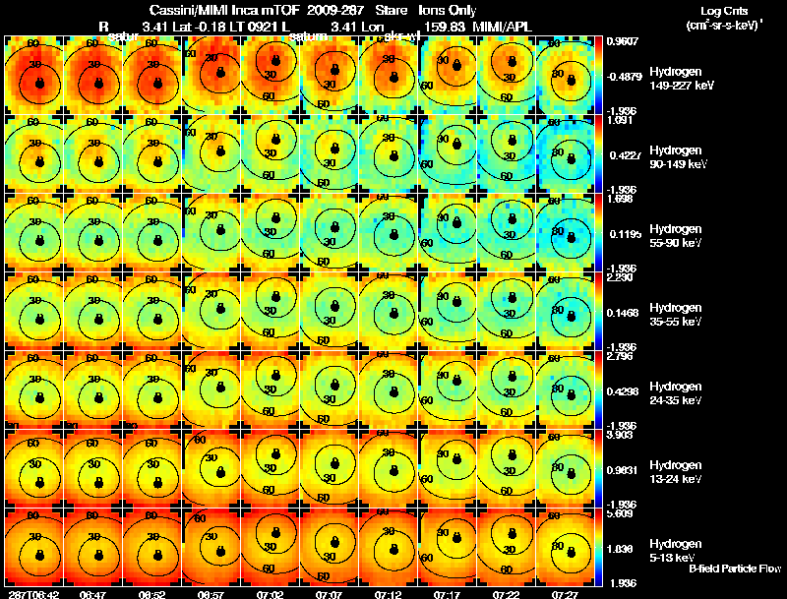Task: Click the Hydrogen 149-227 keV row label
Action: (674, 79)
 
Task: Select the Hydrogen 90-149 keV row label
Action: (674, 157)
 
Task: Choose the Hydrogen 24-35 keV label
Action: (674, 393)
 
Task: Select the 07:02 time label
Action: (269, 594)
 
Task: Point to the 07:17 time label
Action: (447, 594)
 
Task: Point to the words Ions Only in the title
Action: (448, 11)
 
